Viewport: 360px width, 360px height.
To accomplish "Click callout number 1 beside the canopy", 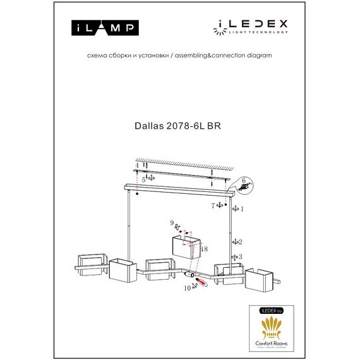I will [242, 207].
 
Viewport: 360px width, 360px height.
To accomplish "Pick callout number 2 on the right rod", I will [241, 241].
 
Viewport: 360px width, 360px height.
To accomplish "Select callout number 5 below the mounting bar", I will [144, 179].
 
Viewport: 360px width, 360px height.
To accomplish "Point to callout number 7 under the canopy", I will [213, 205].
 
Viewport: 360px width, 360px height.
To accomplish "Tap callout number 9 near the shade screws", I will [172, 222].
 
